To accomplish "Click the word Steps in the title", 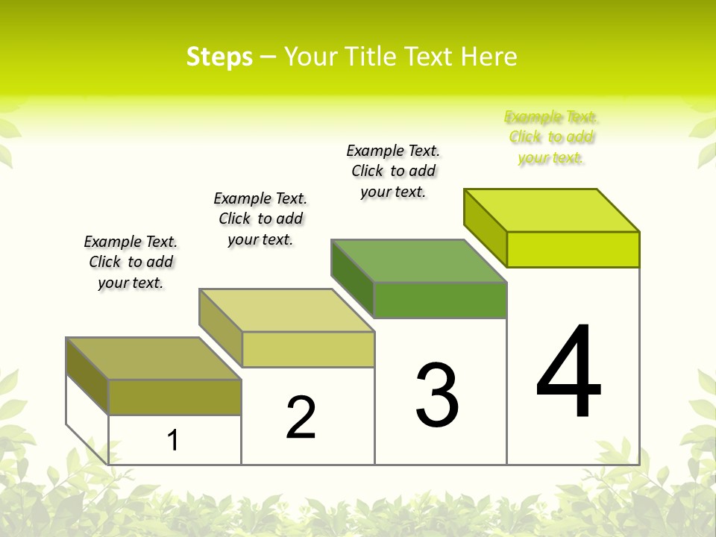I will (219, 57).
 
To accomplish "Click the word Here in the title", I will (489, 57).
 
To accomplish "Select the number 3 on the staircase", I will (437, 395).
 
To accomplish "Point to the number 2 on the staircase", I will (301, 418).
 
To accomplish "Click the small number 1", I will (173, 440).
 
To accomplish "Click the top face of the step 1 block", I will (154, 358).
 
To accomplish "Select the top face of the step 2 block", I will (286, 310).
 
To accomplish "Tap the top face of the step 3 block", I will (419, 261).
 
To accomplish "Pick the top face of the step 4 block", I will (552, 210).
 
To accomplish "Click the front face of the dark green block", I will (440, 300).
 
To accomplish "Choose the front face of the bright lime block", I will (573, 249).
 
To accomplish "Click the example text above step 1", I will (131, 262).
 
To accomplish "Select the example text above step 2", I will (260, 219).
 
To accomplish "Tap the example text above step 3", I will (393, 171).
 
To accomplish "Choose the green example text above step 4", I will (551, 137).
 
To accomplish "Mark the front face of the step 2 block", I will (308, 349).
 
